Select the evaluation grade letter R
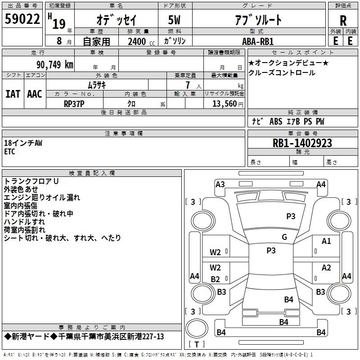pos(343,20)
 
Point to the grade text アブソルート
pos(258,20)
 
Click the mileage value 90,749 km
pos(54,65)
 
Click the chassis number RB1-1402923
pos(302,143)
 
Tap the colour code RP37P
pos(74,103)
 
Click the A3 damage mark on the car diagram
pos(220,184)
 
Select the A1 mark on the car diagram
pos(326,241)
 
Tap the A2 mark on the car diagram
pos(326,268)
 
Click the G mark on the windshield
pos(284,237)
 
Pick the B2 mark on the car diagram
pos(216,279)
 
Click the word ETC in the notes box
pos(9,152)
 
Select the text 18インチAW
pos(23,143)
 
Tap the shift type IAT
pos(13,94)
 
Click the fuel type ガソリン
pos(175,41)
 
